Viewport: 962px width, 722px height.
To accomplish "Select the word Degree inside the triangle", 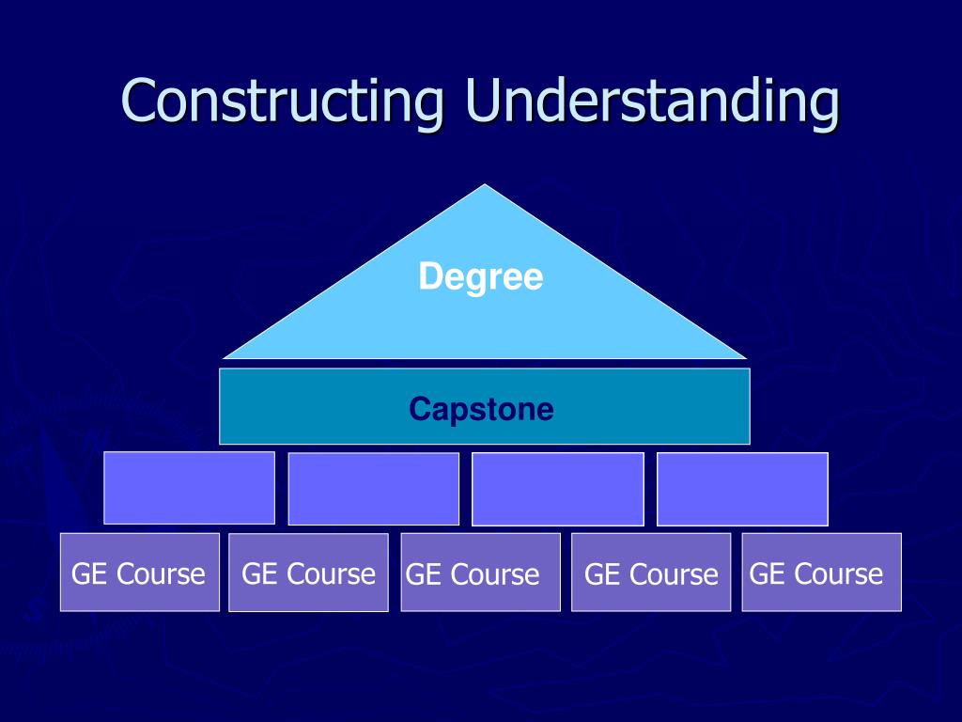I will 481,277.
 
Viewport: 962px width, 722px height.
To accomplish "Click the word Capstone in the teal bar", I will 481,410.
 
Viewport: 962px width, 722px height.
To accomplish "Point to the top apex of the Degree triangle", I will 485,186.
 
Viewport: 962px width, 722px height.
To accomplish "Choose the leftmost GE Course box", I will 140,573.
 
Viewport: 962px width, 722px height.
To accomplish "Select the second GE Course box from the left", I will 308,573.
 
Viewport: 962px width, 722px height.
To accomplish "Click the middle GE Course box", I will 480,573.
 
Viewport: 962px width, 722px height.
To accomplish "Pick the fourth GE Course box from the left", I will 651,573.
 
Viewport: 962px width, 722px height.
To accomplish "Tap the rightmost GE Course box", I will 821,573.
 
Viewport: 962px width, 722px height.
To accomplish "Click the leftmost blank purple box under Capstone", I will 189,487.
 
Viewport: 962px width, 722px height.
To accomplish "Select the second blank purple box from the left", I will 373,489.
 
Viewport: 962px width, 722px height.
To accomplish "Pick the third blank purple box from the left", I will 557,489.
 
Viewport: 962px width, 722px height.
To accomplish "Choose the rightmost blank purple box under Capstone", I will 742,489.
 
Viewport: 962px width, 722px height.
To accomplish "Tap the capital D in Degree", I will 429,277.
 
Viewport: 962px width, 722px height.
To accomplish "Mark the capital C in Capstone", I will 418,410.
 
